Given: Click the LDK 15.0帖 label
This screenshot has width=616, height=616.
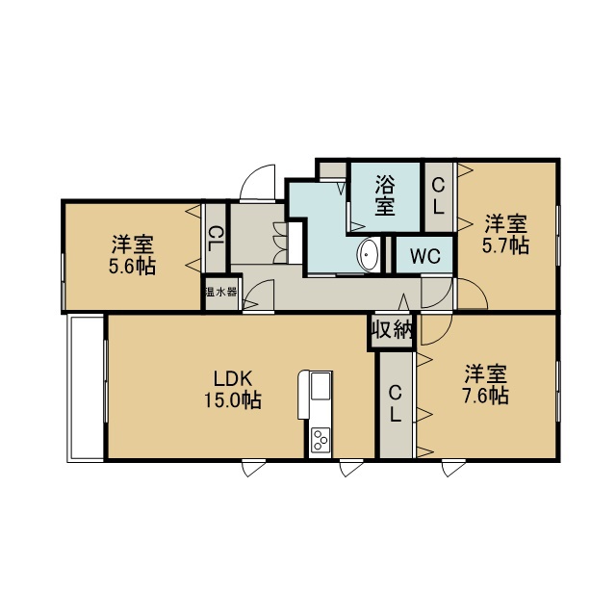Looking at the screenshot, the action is point(233,390).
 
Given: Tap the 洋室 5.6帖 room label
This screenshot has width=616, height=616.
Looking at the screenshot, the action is point(133,255).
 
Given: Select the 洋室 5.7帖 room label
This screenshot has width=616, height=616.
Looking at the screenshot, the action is point(505,234).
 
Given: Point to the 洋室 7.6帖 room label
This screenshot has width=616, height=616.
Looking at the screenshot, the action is point(486,385).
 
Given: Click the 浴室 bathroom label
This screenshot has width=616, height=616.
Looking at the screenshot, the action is point(385,195).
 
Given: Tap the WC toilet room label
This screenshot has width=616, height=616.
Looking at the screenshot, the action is point(425,257).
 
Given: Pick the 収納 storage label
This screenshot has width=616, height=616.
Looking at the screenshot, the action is point(392,329).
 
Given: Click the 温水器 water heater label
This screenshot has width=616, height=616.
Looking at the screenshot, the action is point(221,292).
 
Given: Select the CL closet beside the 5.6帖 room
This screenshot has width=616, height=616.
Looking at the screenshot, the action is point(216,239).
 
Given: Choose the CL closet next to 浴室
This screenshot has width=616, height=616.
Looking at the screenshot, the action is point(438,196).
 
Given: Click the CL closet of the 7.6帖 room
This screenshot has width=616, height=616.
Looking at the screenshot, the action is point(395,404).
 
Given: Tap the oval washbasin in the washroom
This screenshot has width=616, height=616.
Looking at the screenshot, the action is point(369,255).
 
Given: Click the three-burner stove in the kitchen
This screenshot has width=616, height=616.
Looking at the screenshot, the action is point(320,440).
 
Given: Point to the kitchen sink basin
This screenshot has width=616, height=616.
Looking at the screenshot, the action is point(321,386).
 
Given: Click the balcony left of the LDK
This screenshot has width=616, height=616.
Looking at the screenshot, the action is point(86,387).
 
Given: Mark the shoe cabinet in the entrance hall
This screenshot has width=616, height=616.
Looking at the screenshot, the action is point(295,243).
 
